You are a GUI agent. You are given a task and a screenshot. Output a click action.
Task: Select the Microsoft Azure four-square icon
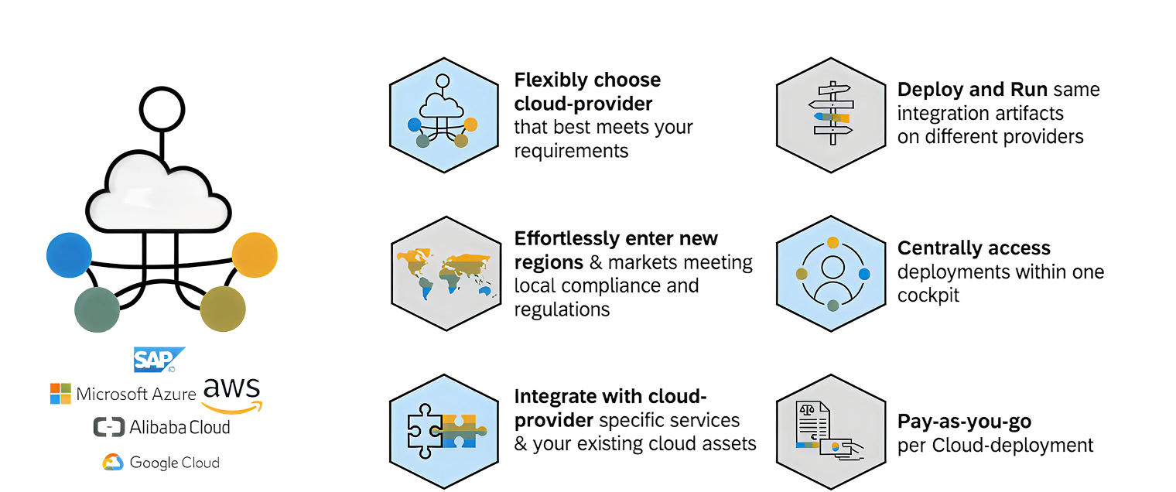60,394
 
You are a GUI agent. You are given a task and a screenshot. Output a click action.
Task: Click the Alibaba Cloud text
179,427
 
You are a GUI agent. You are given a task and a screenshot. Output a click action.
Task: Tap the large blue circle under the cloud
69,255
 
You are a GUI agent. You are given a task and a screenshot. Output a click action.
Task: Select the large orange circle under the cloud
255,255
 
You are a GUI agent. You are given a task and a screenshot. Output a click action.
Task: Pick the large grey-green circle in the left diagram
97,309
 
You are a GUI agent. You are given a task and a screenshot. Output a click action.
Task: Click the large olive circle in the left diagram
223,309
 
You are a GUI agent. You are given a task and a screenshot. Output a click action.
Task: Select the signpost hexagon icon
832,114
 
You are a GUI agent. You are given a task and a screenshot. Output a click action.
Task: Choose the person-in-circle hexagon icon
832,273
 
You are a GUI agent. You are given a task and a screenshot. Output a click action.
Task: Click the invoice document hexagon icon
832,432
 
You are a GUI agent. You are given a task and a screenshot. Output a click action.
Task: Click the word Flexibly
548,80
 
